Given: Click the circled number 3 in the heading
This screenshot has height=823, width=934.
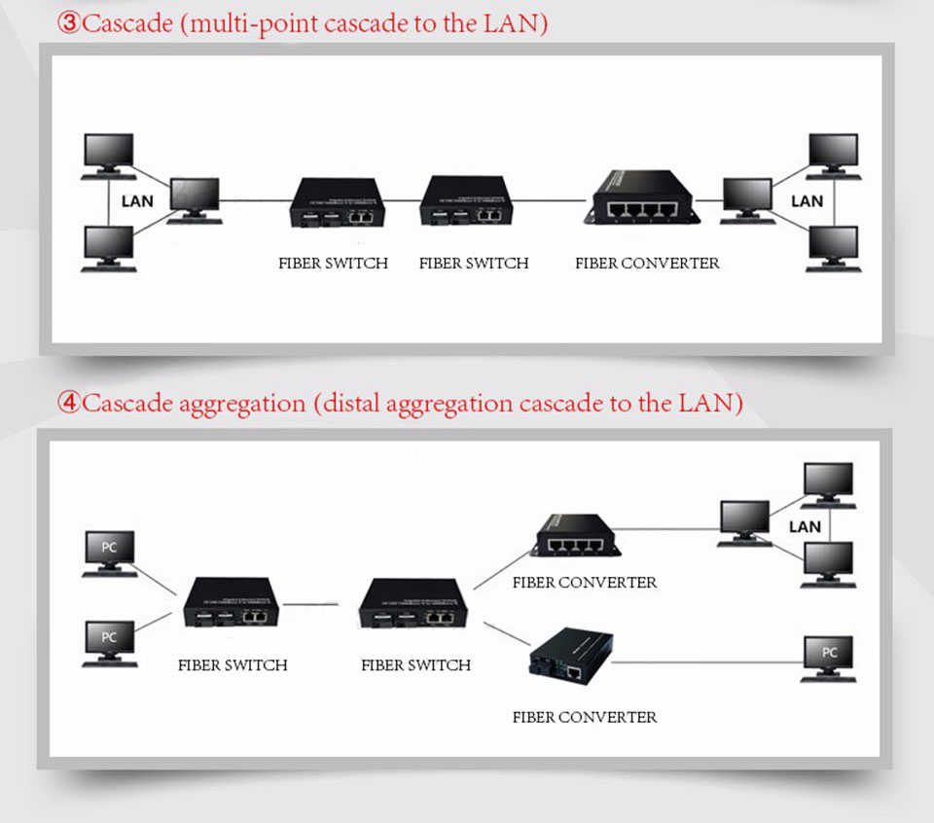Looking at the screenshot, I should coord(70,23).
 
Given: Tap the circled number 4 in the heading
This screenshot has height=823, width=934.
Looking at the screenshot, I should coord(70,404).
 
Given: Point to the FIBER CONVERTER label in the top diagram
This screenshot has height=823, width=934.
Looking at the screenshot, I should coord(647,263).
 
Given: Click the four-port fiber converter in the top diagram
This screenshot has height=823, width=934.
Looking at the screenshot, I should coord(642,198).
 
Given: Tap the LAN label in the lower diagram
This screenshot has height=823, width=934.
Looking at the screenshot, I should coord(805,526).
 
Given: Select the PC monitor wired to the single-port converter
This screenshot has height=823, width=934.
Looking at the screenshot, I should coord(828,658).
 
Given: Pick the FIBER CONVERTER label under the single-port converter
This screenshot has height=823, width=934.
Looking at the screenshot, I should coord(585,717).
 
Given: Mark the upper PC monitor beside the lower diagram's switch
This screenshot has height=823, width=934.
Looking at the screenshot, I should coord(109,551).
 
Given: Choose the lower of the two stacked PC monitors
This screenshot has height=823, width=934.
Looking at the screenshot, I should coord(109,642).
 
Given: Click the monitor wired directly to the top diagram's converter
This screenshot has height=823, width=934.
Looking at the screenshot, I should coord(747,198).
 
